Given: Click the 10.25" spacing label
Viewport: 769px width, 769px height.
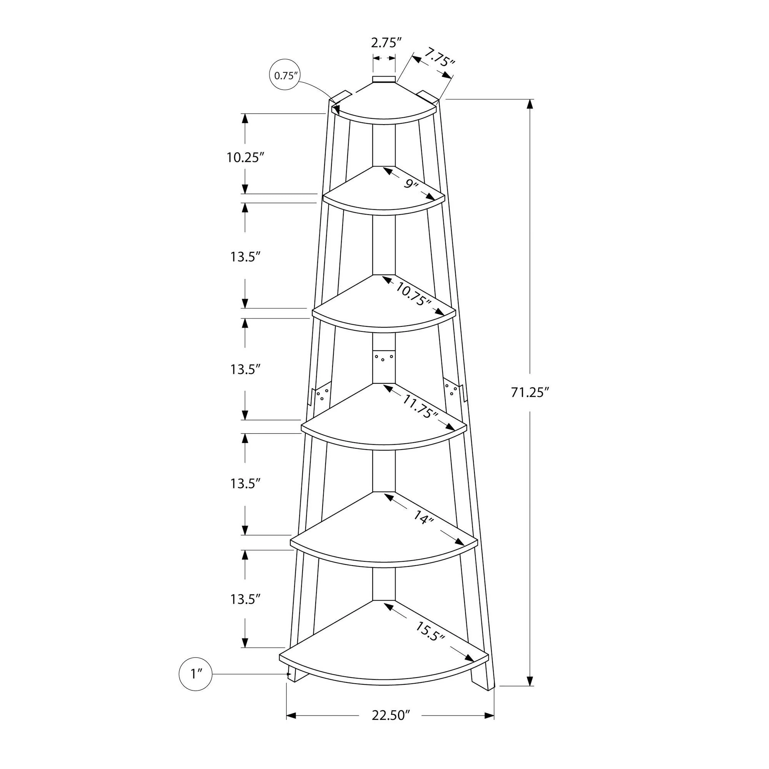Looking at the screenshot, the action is click(246, 157).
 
